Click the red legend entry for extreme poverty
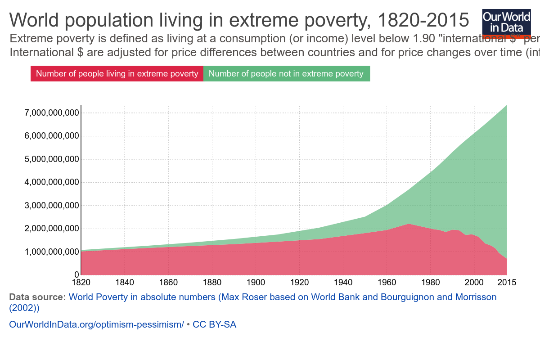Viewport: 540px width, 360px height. (117, 74)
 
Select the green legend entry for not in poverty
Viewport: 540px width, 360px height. (286, 74)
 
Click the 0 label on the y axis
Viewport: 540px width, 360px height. (76, 275)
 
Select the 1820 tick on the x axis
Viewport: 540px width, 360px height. (81, 283)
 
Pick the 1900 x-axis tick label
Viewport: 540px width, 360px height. (256, 283)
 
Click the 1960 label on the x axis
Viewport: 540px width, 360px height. (387, 283)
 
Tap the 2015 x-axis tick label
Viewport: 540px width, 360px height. (507, 283)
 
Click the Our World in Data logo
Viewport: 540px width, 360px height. (506, 21)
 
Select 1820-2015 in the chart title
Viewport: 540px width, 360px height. (423, 21)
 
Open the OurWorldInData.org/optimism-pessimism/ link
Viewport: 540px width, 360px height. (96, 324)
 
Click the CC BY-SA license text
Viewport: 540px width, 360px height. (214, 324)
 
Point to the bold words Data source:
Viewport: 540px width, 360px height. (37, 297)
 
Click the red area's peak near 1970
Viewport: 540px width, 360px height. (408, 225)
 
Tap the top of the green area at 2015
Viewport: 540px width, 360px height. (506, 106)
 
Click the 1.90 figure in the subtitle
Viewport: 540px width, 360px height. (424, 38)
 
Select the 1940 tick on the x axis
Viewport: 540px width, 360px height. (343, 283)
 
